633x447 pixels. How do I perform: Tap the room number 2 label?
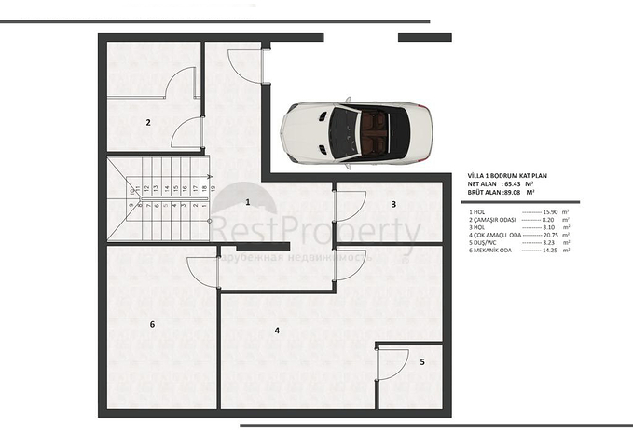point(147,122)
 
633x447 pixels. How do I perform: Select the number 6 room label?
point(152,324)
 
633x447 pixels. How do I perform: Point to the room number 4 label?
point(277,331)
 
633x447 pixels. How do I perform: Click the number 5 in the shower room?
point(421,361)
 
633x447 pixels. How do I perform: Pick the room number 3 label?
point(393,204)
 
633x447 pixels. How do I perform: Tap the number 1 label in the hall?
point(248,201)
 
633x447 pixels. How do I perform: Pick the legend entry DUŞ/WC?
point(487,243)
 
